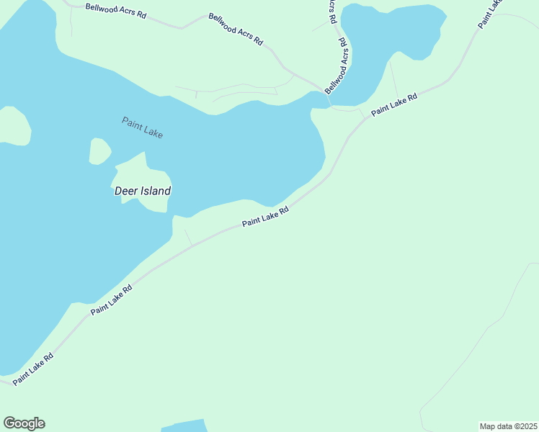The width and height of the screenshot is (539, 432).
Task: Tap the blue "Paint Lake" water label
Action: (x=142, y=127)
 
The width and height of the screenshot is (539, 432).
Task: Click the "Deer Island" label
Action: (x=143, y=191)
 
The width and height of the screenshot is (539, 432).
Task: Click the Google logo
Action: (x=24, y=423)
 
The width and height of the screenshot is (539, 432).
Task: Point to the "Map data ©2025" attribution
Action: (x=508, y=426)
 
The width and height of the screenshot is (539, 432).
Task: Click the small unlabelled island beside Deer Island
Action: (x=99, y=151)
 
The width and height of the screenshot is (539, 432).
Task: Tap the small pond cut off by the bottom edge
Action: (x=184, y=426)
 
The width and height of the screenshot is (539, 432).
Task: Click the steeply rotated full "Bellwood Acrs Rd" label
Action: (x=337, y=66)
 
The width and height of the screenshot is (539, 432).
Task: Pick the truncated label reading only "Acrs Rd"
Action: (x=332, y=12)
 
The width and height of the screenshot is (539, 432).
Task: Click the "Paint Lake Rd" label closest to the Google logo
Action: (x=33, y=367)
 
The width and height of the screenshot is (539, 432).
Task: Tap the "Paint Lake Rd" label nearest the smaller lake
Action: (x=394, y=106)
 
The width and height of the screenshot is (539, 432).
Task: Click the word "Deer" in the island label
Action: (x=125, y=191)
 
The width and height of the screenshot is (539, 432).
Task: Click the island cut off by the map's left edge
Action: (x=14, y=126)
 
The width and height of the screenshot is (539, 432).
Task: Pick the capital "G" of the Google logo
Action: (x=9, y=423)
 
